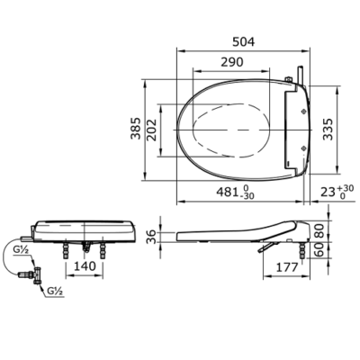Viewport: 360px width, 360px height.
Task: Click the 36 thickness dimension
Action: coord(152,236)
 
